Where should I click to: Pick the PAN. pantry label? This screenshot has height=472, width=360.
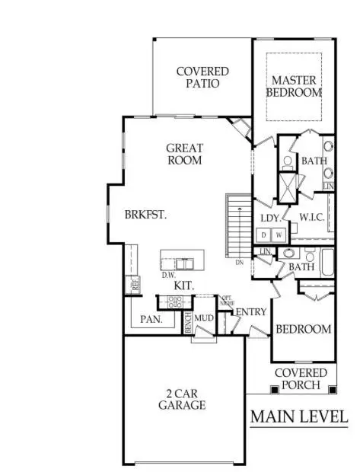pyautogui.click(x=151, y=320)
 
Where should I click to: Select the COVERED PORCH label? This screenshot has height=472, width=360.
pyautogui.click(x=301, y=378)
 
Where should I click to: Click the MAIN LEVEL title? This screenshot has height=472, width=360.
pyautogui.click(x=299, y=416)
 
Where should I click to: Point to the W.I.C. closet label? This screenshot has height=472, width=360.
pyautogui.click(x=313, y=217)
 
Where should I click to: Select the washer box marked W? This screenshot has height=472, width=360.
pyautogui.click(x=279, y=234)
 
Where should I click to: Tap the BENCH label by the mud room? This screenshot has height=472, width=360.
pyautogui.click(x=187, y=323)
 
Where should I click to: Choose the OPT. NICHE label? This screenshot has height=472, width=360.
pyautogui.click(x=226, y=300)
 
